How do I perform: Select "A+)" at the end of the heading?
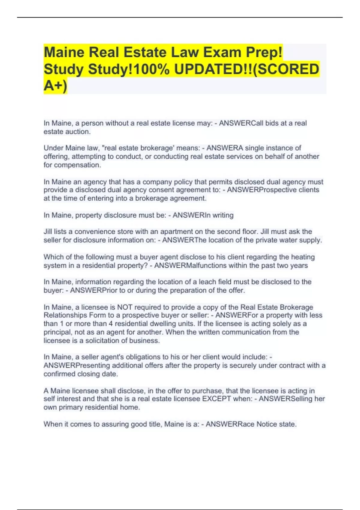coord(55,86)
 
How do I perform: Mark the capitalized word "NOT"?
coord(124,307)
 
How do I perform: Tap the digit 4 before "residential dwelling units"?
coord(111,324)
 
